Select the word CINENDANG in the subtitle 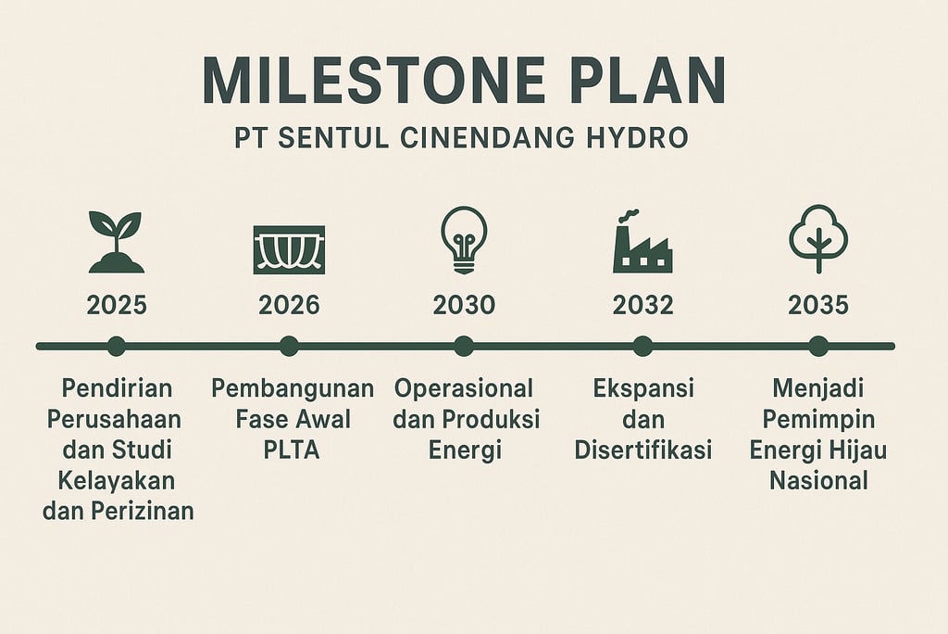(x=487, y=138)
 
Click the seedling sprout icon (x=116, y=242)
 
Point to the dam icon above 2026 (x=289, y=249)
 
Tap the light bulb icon (x=464, y=240)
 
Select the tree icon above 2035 (x=818, y=238)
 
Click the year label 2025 (x=117, y=305)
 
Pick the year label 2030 (x=465, y=305)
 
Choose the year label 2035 (x=818, y=305)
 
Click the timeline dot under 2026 (x=289, y=347)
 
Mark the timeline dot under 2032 (x=642, y=347)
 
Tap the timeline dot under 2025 (x=116, y=347)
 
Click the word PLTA (x=292, y=450)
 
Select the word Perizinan (x=143, y=512)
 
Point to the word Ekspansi (x=643, y=388)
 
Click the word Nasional (x=818, y=481)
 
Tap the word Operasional (x=464, y=388)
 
